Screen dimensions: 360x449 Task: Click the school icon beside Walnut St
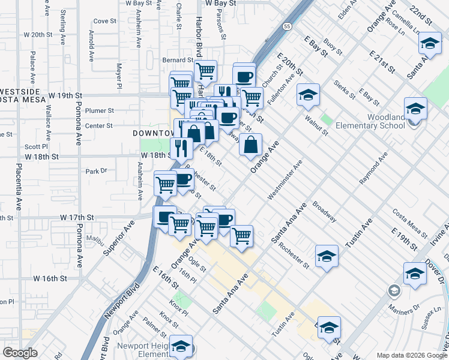308,95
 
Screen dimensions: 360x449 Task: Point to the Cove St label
104,21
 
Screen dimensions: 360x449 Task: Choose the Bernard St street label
178,60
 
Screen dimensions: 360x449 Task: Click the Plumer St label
99,110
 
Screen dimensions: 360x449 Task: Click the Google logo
21,353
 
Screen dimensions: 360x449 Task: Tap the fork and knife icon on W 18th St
181,148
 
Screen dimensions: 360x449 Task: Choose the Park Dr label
95,171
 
